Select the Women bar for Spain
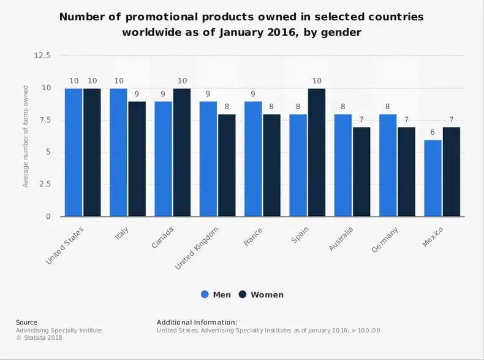(x=317, y=152)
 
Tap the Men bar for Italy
(x=118, y=152)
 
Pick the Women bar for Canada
(x=182, y=152)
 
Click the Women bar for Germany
(x=406, y=172)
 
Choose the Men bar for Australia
(x=343, y=165)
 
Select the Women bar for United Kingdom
(x=227, y=165)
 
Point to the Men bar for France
(x=253, y=159)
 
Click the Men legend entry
(x=216, y=294)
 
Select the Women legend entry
(x=261, y=294)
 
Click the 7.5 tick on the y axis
(x=45, y=120)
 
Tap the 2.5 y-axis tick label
(x=45, y=185)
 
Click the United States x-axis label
(x=64, y=245)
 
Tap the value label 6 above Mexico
(x=433, y=132)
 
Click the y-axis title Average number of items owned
(x=26, y=136)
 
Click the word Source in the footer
(x=26, y=322)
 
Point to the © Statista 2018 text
(x=39, y=337)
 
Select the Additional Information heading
(x=197, y=322)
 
